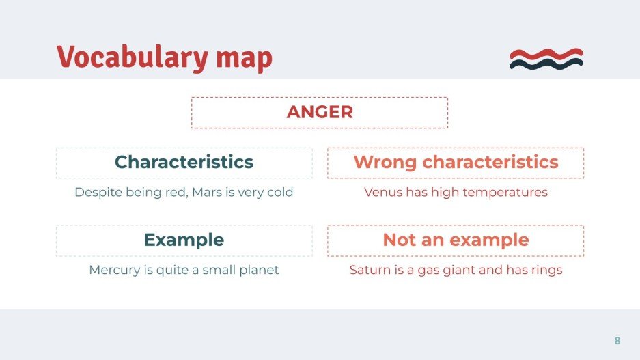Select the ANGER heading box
coord(319,113)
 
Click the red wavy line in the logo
coord(546,53)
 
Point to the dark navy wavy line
coord(546,65)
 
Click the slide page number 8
coord(617,340)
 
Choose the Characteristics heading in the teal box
coord(184,163)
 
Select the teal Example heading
coord(184,240)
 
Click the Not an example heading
coord(456,240)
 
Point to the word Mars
coord(206,192)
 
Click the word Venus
coord(383,192)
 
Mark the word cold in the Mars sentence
coord(279,192)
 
